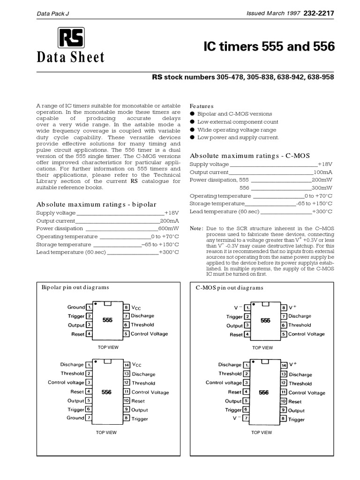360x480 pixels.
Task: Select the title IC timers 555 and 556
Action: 269,47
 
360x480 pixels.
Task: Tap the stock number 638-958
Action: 320,77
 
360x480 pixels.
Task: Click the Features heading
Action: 202,106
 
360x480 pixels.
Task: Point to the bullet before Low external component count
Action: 192,122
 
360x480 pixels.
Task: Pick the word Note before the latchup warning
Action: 195,228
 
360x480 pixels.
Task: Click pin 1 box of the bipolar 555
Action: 89,307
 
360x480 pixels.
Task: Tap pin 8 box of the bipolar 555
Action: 126,307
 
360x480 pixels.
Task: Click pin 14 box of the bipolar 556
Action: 126,365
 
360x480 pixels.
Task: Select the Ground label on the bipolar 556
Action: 75,418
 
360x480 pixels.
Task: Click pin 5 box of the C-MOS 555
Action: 284,334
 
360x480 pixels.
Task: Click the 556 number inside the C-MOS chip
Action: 264,392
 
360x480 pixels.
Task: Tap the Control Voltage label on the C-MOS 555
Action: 306,334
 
